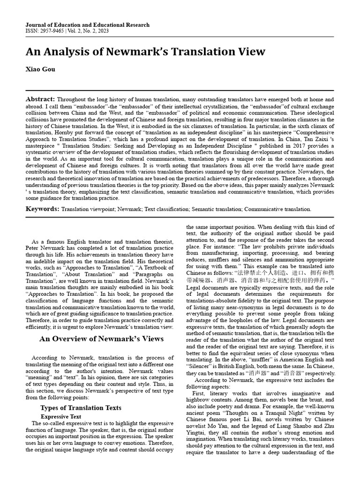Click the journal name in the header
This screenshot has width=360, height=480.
[x=88, y=25]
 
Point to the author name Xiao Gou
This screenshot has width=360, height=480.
[x=40, y=69]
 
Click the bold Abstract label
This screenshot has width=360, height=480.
[x=40, y=99]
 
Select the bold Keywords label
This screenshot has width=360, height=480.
[x=42, y=209]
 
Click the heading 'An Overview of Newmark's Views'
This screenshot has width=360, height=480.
[x=101, y=338]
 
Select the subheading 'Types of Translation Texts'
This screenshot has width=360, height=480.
[x=81, y=408]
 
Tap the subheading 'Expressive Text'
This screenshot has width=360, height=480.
[x=61, y=416]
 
